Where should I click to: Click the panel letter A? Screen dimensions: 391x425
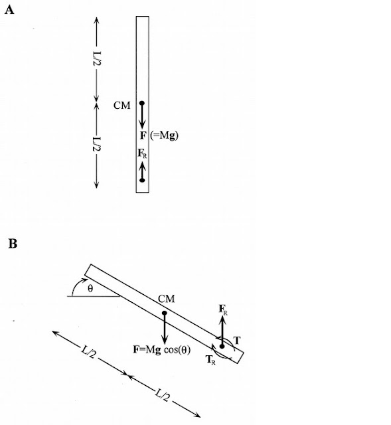pyautogui.click(x=9, y=10)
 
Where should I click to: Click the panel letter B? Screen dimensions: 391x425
pyautogui.click(x=13, y=244)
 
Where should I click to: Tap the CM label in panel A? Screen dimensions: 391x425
pyautogui.click(x=122, y=106)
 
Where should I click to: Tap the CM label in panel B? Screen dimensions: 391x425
pyautogui.click(x=167, y=299)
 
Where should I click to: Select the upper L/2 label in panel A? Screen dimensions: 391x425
pyautogui.click(x=97, y=58)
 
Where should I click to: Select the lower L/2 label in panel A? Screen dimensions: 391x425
pyautogui.click(x=97, y=145)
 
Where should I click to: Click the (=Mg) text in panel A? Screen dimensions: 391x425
pyautogui.click(x=164, y=135)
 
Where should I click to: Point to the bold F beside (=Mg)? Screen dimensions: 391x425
pyautogui.click(x=143, y=135)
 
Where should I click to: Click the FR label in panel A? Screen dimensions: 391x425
pyautogui.click(x=142, y=153)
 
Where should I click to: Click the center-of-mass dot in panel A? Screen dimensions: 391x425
pyautogui.click(x=142, y=103)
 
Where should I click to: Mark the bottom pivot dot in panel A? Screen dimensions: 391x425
pyautogui.click(x=142, y=180)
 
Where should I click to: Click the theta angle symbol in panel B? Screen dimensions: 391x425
pyautogui.click(x=90, y=288)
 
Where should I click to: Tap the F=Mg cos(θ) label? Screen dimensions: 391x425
pyautogui.click(x=162, y=350)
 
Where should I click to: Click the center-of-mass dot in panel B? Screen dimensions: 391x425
pyautogui.click(x=164, y=313)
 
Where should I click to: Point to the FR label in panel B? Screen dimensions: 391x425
pyautogui.click(x=223, y=310)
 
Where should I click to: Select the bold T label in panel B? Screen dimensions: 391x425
pyautogui.click(x=237, y=340)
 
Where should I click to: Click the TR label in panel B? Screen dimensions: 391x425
pyautogui.click(x=210, y=360)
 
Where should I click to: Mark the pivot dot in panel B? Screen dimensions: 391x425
pyautogui.click(x=222, y=347)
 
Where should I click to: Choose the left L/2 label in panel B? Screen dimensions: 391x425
pyautogui.click(x=88, y=352)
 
